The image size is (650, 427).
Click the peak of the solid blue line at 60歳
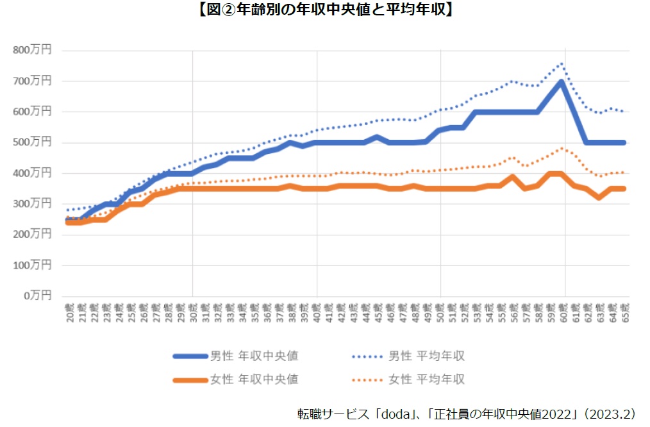562,81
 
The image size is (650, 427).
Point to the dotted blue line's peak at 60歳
562,63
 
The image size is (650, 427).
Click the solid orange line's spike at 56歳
512,177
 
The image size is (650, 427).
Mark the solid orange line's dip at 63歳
599,197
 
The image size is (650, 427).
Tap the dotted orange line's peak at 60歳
562,148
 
